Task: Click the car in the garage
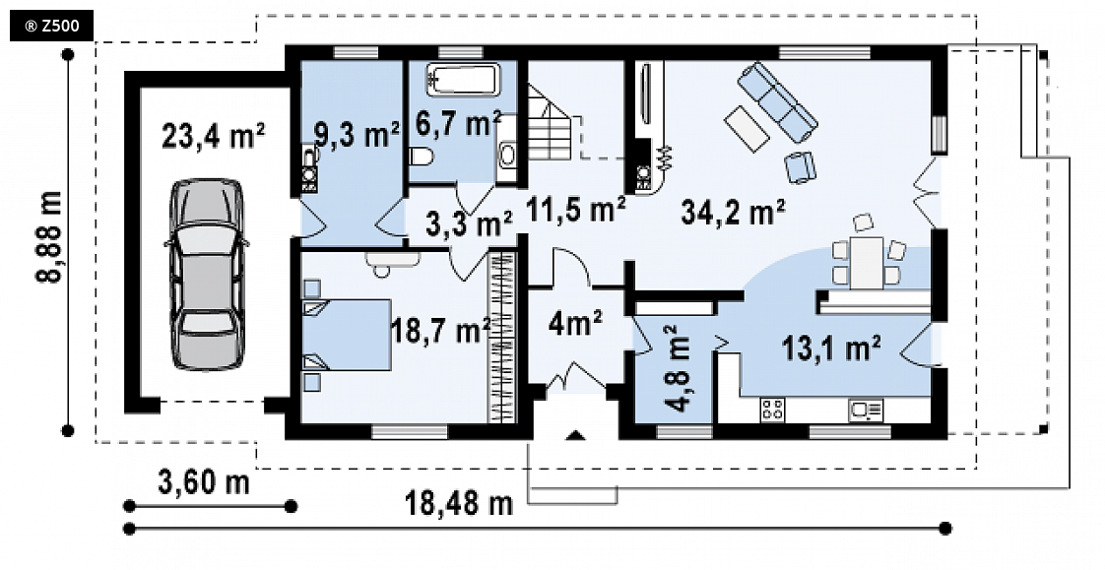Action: coord(207,274)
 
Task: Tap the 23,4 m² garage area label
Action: coord(214,135)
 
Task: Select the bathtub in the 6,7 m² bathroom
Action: coord(463,78)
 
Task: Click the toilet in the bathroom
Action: coord(421,157)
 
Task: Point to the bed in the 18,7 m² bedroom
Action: coord(347,335)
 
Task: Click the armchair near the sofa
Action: coord(800,167)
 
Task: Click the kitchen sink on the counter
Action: coord(866,410)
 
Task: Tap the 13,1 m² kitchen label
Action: coord(831,348)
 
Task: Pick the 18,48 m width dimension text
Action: coord(459,503)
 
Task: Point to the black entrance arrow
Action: coord(576,435)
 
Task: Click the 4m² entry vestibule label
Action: coord(576,324)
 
